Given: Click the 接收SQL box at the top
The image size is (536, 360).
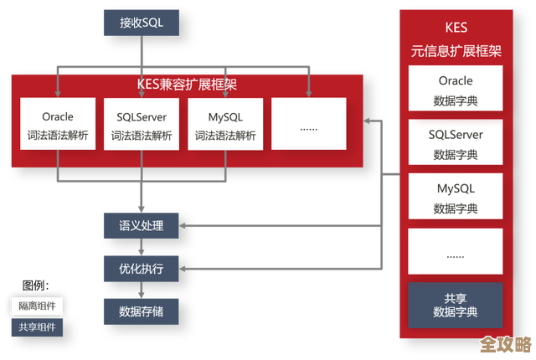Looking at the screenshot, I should tap(141, 23).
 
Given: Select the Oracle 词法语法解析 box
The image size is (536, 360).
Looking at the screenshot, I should tap(59, 124).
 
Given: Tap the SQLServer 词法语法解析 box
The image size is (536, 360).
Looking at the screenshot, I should tap(142, 124).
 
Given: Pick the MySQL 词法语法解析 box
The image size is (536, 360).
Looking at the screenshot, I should tap(225, 124).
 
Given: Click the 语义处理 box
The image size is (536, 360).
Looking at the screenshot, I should tap(141, 225).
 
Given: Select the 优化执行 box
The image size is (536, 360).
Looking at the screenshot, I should tap(141, 269).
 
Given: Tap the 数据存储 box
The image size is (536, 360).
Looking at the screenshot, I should tap(141, 311).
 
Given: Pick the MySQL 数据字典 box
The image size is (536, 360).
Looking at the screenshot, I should tap(456, 198).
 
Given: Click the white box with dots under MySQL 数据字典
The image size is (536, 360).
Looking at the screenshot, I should tap(456, 251).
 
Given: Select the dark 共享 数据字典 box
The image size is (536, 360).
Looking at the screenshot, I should tap(456, 305).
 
